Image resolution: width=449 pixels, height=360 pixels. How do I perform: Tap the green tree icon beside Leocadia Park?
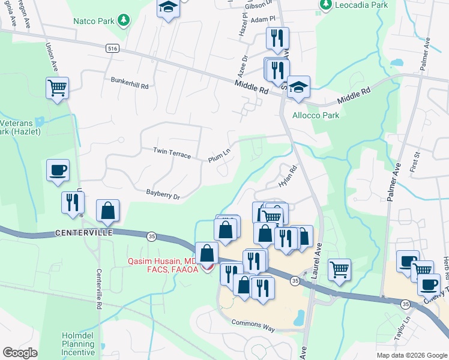[326, 5]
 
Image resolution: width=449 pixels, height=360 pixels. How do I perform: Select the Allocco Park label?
[315, 115]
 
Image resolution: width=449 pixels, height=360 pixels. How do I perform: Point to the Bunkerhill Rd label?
[130, 83]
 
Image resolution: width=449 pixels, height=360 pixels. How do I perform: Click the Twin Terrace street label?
[172, 153]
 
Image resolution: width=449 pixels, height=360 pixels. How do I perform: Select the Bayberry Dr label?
[163, 194]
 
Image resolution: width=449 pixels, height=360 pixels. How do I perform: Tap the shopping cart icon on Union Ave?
[58, 88]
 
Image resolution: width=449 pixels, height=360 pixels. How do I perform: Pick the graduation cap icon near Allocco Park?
[298, 88]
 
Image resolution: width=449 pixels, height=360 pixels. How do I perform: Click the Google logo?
[20, 353]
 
